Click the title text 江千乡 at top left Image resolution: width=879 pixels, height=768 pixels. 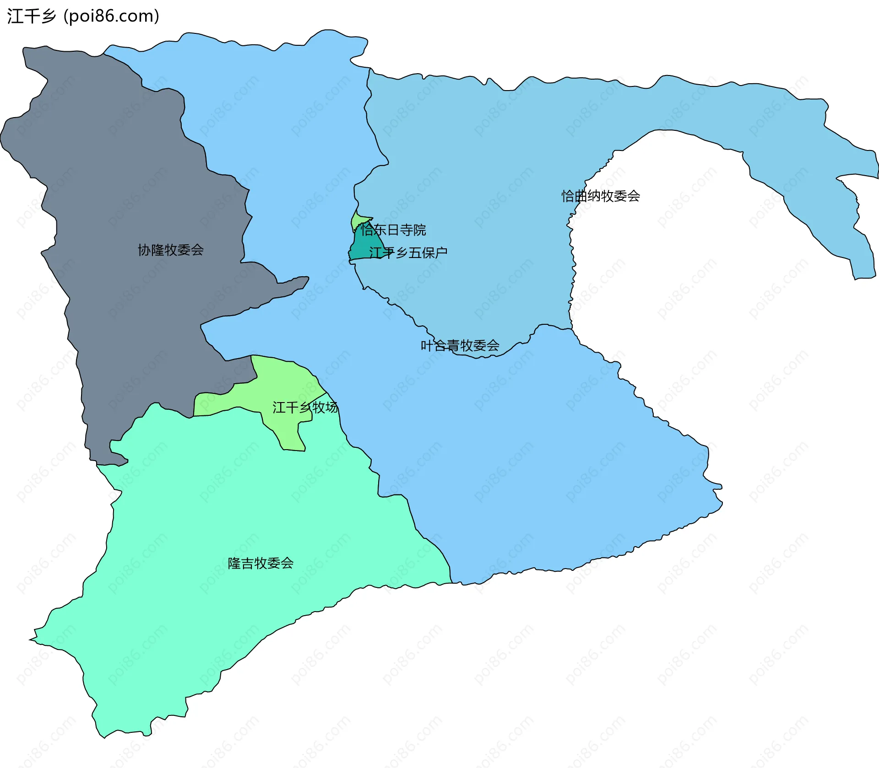31,16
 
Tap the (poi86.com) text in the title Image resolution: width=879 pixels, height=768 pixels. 111,16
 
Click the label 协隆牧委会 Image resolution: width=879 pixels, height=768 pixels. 171,250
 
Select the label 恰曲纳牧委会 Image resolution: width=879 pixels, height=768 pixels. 601,196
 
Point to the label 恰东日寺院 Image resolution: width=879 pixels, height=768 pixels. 393,230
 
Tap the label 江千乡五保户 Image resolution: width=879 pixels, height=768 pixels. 408,252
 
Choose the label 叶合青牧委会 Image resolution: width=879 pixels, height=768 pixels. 460,345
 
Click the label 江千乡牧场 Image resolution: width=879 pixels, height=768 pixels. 305,407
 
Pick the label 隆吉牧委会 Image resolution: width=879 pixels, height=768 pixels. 260,563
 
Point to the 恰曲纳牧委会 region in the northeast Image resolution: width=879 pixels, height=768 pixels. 481,160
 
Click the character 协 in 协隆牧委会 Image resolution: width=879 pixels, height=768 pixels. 144,250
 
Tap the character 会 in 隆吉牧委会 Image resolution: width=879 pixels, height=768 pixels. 287,563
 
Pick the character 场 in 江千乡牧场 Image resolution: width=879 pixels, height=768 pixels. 331,407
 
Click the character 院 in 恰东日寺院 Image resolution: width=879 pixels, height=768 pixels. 419,230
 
